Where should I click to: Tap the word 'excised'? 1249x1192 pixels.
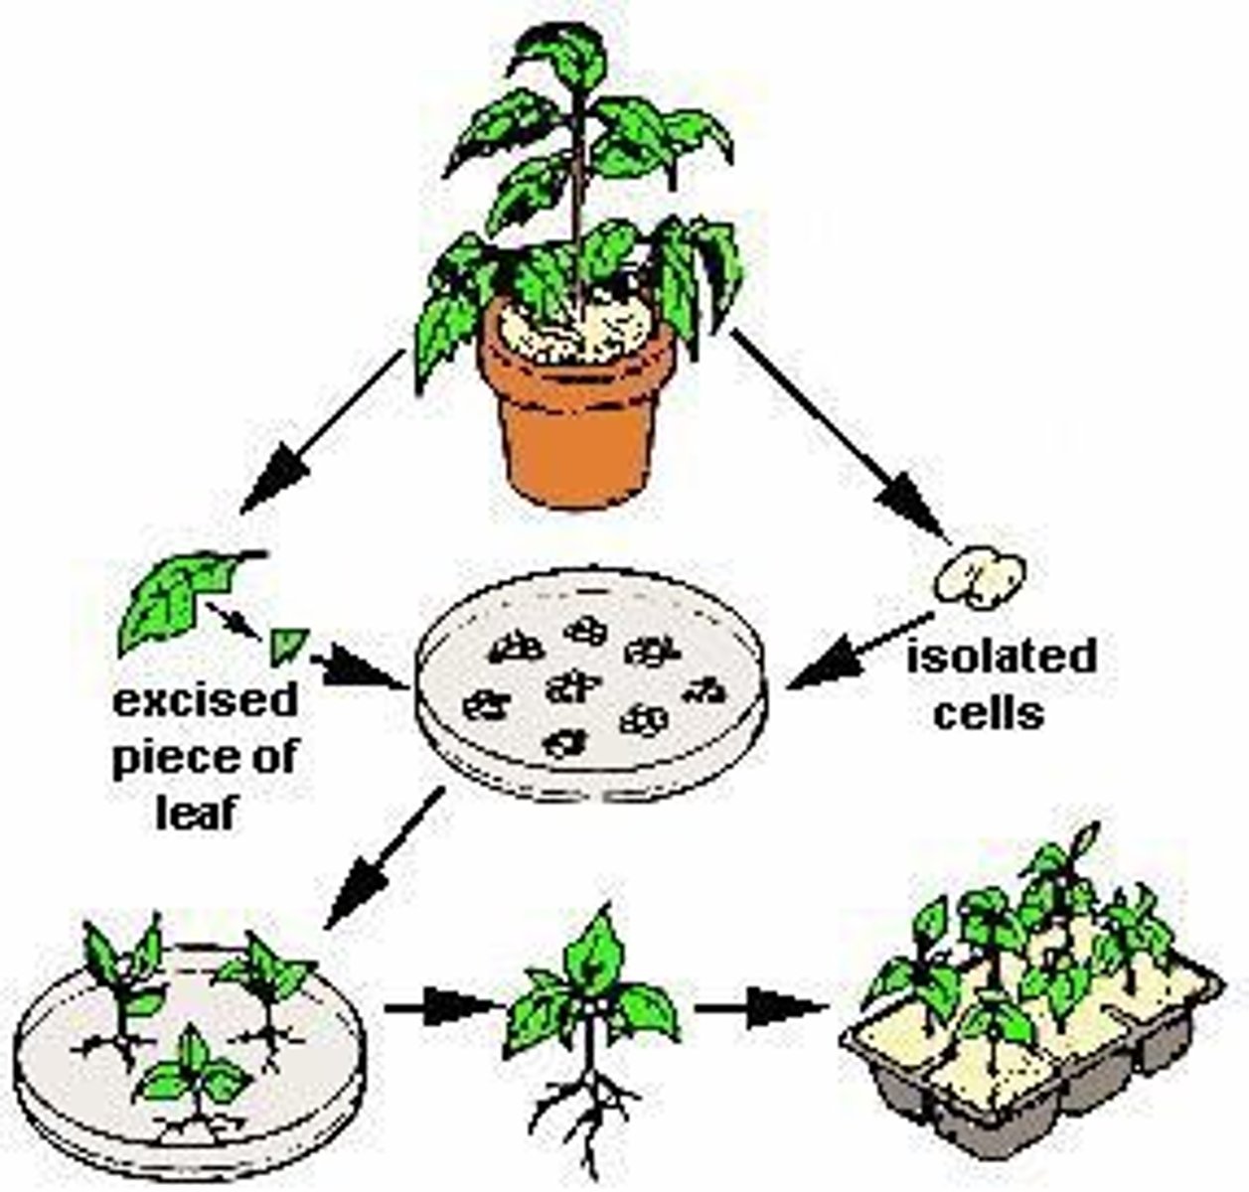(205, 701)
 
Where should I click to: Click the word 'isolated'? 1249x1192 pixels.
(1001, 658)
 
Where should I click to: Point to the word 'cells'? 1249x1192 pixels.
(990, 713)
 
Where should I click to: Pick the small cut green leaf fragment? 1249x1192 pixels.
(287, 645)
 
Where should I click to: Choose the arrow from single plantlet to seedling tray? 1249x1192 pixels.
(760, 1007)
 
